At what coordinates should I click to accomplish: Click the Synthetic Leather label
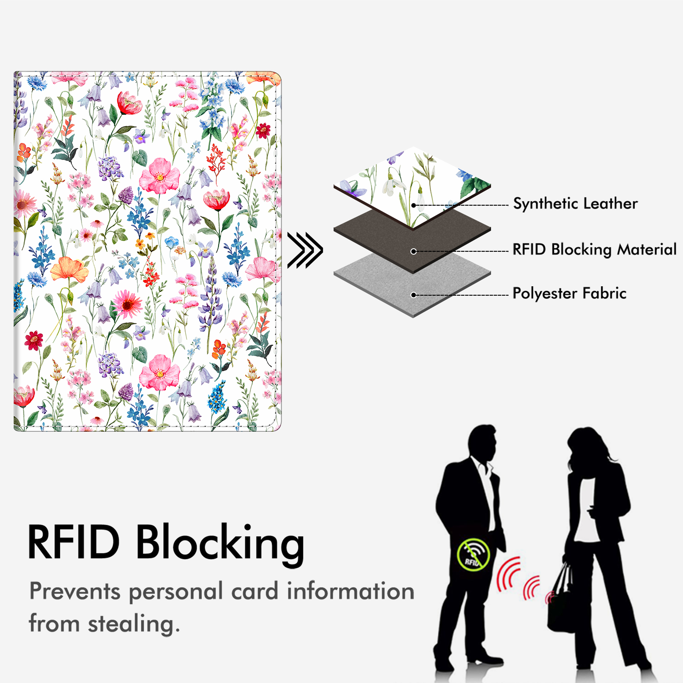tap(575, 204)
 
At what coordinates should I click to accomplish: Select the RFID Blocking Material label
tap(594, 250)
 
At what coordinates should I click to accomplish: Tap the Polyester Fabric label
tap(569, 294)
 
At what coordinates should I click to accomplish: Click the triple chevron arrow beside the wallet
tap(305, 250)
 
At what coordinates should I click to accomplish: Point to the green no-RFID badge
tap(473, 555)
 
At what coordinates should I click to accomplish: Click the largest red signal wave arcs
tap(508, 574)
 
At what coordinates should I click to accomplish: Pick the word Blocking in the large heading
tap(220, 543)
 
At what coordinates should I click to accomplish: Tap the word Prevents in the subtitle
tap(75, 592)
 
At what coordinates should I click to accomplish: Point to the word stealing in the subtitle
tap(133, 624)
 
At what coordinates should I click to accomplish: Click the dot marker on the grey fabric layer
tap(413, 295)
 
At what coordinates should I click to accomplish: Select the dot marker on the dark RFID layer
tap(413, 251)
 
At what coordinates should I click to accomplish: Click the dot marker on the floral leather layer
tap(413, 205)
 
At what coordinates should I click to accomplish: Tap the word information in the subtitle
tap(350, 592)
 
